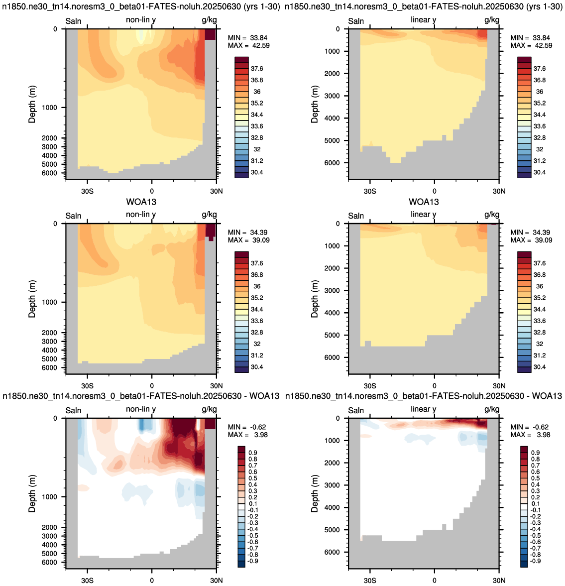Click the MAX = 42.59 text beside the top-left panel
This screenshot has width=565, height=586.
point(248,46)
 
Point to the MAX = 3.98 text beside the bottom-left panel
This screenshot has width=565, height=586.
point(248,435)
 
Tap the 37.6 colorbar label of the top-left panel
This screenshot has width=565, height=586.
point(257,69)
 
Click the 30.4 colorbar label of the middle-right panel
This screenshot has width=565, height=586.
point(540,367)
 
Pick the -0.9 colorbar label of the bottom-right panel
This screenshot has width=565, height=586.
point(535,561)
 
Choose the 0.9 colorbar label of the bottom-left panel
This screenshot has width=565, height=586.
point(253,453)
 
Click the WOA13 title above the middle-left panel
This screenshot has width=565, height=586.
point(141,202)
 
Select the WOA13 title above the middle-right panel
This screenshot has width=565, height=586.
point(424,202)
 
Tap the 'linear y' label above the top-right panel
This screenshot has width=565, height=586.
point(423,20)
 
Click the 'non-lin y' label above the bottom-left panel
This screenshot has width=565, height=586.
point(141,409)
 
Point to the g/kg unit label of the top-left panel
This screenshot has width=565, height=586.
point(209,20)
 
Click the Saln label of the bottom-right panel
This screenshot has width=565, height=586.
point(356,410)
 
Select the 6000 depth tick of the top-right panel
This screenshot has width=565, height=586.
point(332,163)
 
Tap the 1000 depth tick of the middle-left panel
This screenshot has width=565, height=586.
point(49,302)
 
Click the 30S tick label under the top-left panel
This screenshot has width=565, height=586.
point(88,191)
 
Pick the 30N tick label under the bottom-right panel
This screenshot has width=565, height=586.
point(499,581)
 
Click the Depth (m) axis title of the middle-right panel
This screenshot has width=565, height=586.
point(315,299)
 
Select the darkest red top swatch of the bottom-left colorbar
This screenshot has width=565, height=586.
point(241,450)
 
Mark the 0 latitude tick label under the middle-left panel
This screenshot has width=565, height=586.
point(152,386)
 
